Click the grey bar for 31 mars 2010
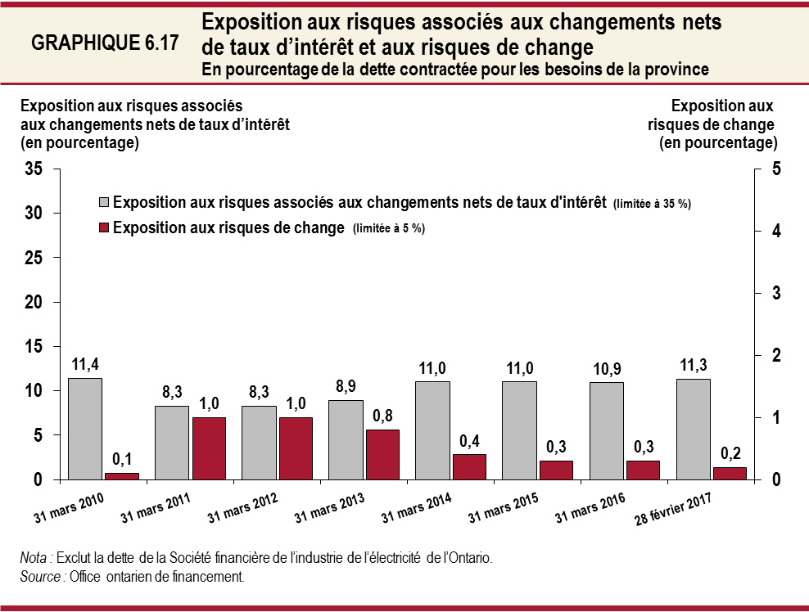point(85,429)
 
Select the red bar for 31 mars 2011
point(208,448)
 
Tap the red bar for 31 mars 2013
point(382,454)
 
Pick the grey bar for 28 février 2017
point(693,429)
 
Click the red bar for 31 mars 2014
point(468,466)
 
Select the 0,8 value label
point(382,416)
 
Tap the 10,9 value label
point(606,369)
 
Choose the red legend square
point(103,228)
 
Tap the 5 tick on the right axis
point(775,169)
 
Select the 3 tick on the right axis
point(775,293)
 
